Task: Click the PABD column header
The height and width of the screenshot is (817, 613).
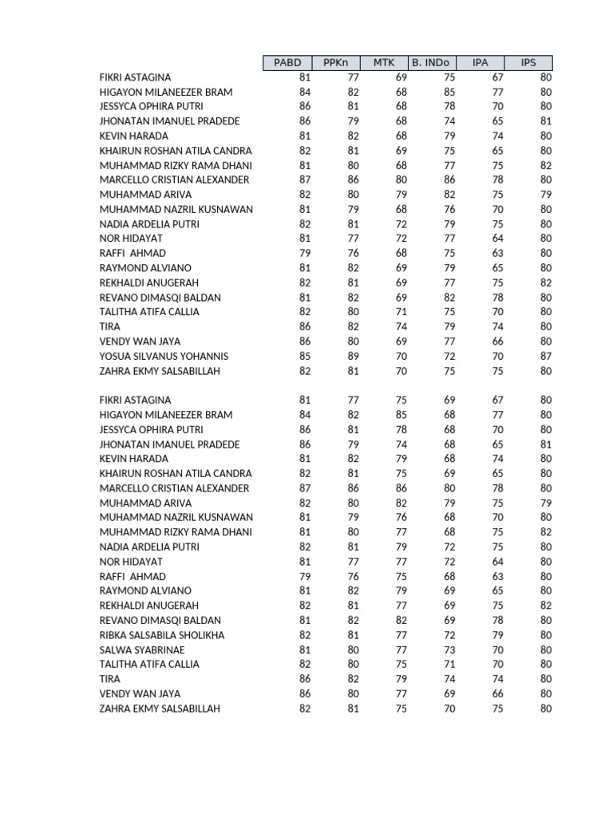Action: tap(287, 63)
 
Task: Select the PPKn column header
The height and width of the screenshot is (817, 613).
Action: tap(336, 63)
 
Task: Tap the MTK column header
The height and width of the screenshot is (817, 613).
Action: tap(384, 63)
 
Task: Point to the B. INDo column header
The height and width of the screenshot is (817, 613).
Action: tap(432, 63)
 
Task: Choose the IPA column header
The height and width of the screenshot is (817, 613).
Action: tap(481, 63)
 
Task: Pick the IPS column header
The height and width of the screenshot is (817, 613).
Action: tap(528, 63)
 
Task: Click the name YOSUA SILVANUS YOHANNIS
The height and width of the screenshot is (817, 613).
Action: tap(164, 356)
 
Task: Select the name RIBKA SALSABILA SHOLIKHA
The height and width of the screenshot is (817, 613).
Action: tap(162, 635)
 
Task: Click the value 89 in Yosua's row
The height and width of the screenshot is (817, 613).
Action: tap(353, 356)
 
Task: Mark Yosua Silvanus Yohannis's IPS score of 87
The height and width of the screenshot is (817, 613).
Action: tap(545, 356)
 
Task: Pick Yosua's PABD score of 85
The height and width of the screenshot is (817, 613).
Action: tap(304, 356)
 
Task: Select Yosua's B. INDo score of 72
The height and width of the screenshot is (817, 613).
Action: tap(449, 356)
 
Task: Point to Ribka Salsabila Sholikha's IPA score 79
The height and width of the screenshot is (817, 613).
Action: tap(497, 635)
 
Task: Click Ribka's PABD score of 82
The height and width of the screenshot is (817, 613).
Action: tap(304, 635)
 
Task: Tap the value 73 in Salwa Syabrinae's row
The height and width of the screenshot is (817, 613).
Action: tap(449, 649)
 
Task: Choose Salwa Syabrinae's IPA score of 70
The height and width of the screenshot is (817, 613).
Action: tap(497, 649)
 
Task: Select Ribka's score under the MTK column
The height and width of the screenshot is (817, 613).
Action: tap(401, 635)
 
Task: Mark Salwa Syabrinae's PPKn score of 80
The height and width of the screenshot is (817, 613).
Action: tap(353, 649)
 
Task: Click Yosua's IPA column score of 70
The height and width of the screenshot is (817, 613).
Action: tap(497, 356)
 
